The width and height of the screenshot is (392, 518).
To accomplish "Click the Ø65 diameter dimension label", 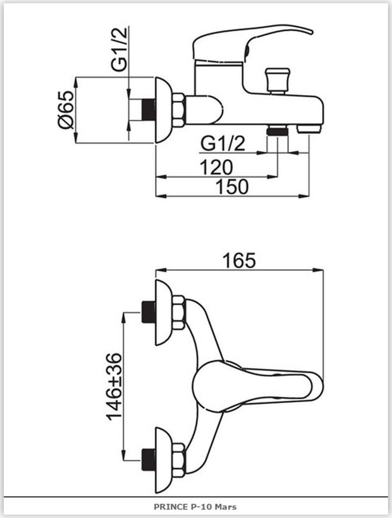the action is (66, 109).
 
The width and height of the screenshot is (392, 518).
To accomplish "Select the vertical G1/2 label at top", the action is (119, 49).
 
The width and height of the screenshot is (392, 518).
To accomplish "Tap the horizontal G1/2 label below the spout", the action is (223, 144).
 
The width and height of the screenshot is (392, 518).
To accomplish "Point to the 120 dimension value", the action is (216, 168).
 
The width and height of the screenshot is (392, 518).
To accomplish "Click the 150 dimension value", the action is (232, 187).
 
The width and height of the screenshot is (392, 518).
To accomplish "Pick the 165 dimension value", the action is (239, 260).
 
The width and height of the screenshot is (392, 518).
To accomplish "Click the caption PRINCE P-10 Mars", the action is (195, 507).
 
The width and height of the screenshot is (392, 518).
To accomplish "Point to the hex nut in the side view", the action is (179, 110).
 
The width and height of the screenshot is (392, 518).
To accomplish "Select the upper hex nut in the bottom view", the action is (179, 313).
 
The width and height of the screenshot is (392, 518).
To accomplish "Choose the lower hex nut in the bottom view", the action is (179, 460).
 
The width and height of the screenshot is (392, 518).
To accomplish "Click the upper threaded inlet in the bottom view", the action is (148, 312).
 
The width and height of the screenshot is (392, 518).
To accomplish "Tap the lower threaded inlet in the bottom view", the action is (148, 460).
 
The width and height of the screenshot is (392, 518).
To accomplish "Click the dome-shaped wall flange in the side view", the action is (164, 110).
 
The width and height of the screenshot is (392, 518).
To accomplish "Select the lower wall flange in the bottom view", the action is (164, 460).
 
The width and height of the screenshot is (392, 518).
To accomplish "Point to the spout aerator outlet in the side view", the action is (309, 129).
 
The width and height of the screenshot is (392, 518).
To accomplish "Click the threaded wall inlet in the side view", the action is (148, 110).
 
